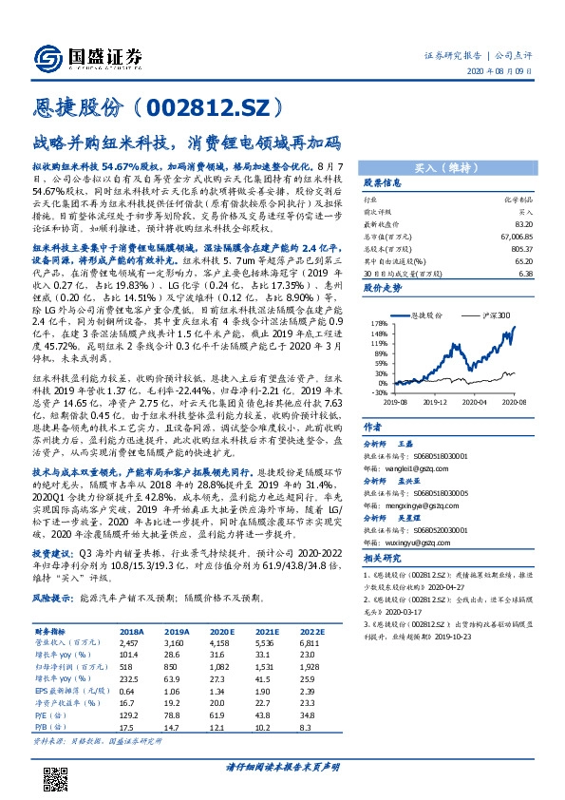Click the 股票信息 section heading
(383, 182)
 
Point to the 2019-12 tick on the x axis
(434, 401)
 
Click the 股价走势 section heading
(383, 285)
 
